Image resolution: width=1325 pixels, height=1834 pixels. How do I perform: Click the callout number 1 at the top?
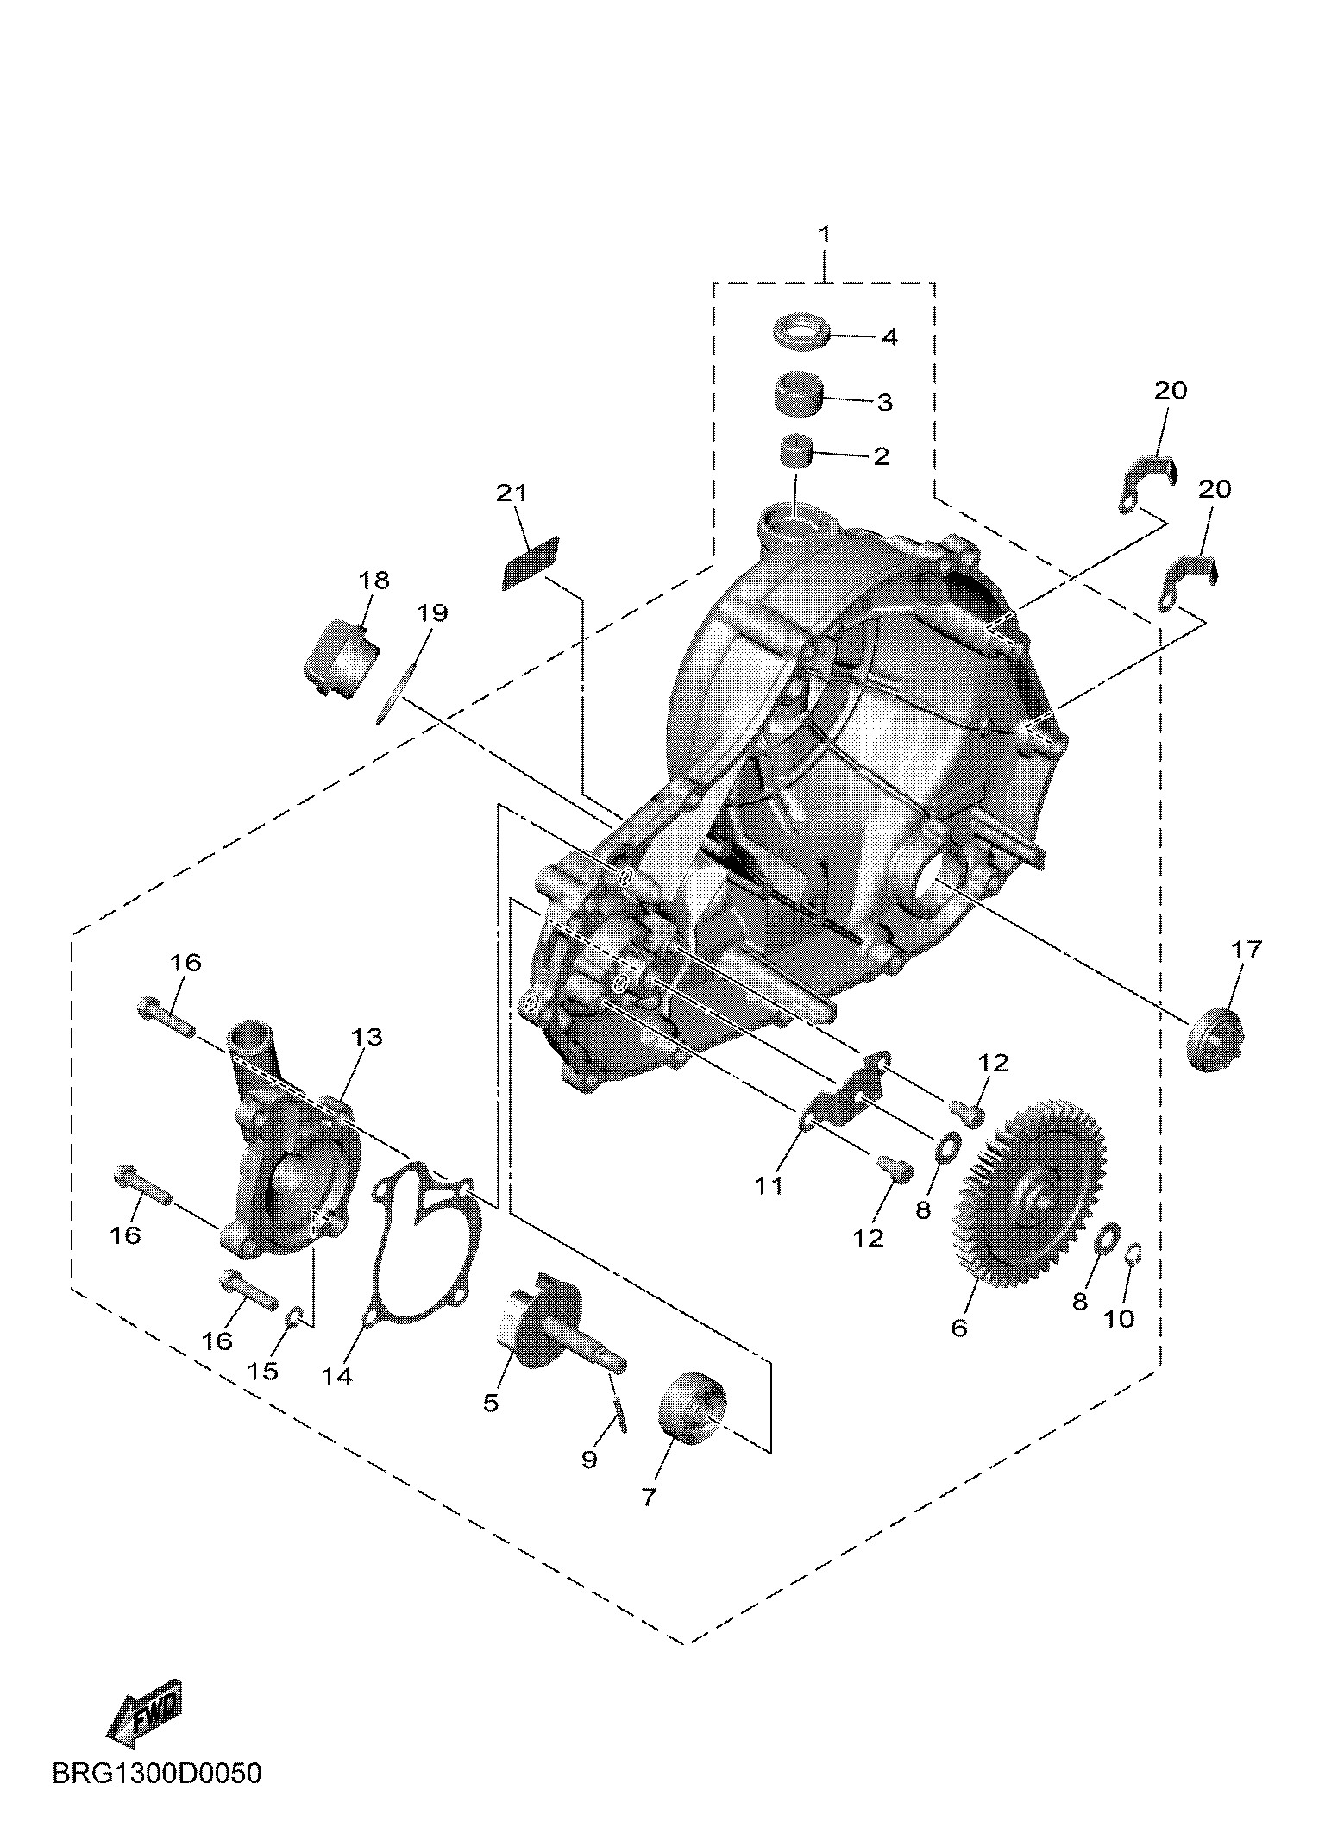825,235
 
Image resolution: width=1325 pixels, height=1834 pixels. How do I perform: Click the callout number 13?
367,1036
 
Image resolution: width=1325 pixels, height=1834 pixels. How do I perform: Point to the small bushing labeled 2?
798,452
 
